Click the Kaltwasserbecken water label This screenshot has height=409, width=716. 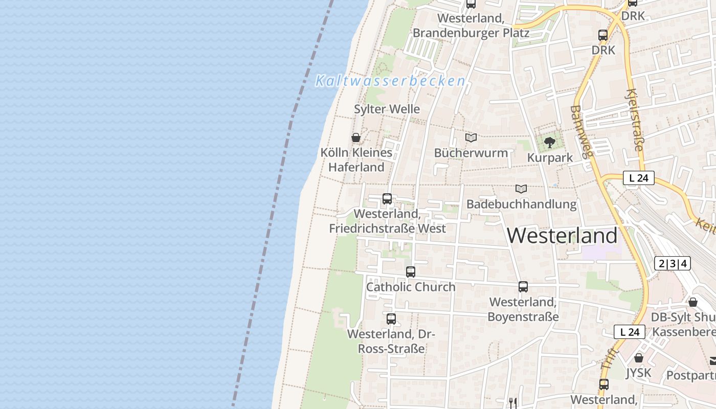click(x=390, y=81)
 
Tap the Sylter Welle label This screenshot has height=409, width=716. click(x=387, y=109)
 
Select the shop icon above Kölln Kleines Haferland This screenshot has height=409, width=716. click(x=356, y=138)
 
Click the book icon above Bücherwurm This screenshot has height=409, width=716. click(x=471, y=138)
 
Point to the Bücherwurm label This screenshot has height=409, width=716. click(x=471, y=153)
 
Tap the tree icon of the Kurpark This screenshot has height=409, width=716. click(x=550, y=143)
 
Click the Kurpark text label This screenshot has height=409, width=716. click(x=550, y=157)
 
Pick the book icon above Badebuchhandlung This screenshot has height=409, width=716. click(x=521, y=189)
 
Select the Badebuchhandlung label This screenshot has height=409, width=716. click(x=521, y=204)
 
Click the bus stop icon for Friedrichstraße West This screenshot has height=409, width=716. click(x=387, y=199)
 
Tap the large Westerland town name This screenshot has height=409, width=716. click(x=562, y=236)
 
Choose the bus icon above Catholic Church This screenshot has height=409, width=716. click(x=411, y=272)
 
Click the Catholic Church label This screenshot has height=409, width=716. click(x=411, y=287)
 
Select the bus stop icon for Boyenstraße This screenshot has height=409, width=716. click(x=523, y=287)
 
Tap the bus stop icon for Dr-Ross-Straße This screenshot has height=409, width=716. click(x=391, y=319)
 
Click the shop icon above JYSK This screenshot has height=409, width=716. click(x=638, y=358)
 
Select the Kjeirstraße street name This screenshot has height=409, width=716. click(x=634, y=120)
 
